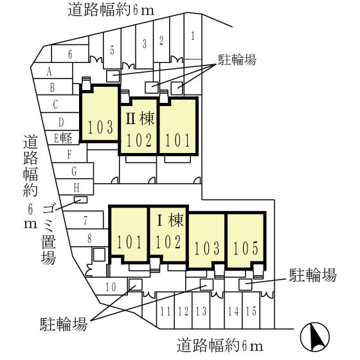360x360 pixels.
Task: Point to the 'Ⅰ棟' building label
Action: pyautogui.click(x=171, y=222)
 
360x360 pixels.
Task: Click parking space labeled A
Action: pyautogui.click(x=50, y=71)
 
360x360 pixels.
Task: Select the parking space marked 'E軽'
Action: pyautogui.click(x=65, y=137)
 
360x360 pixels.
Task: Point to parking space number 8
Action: pyautogui.click(x=89, y=238)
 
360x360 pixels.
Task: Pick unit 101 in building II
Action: pyautogui.click(x=177, y=138)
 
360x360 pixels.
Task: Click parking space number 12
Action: pyautogui.click(x=183, y=312)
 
